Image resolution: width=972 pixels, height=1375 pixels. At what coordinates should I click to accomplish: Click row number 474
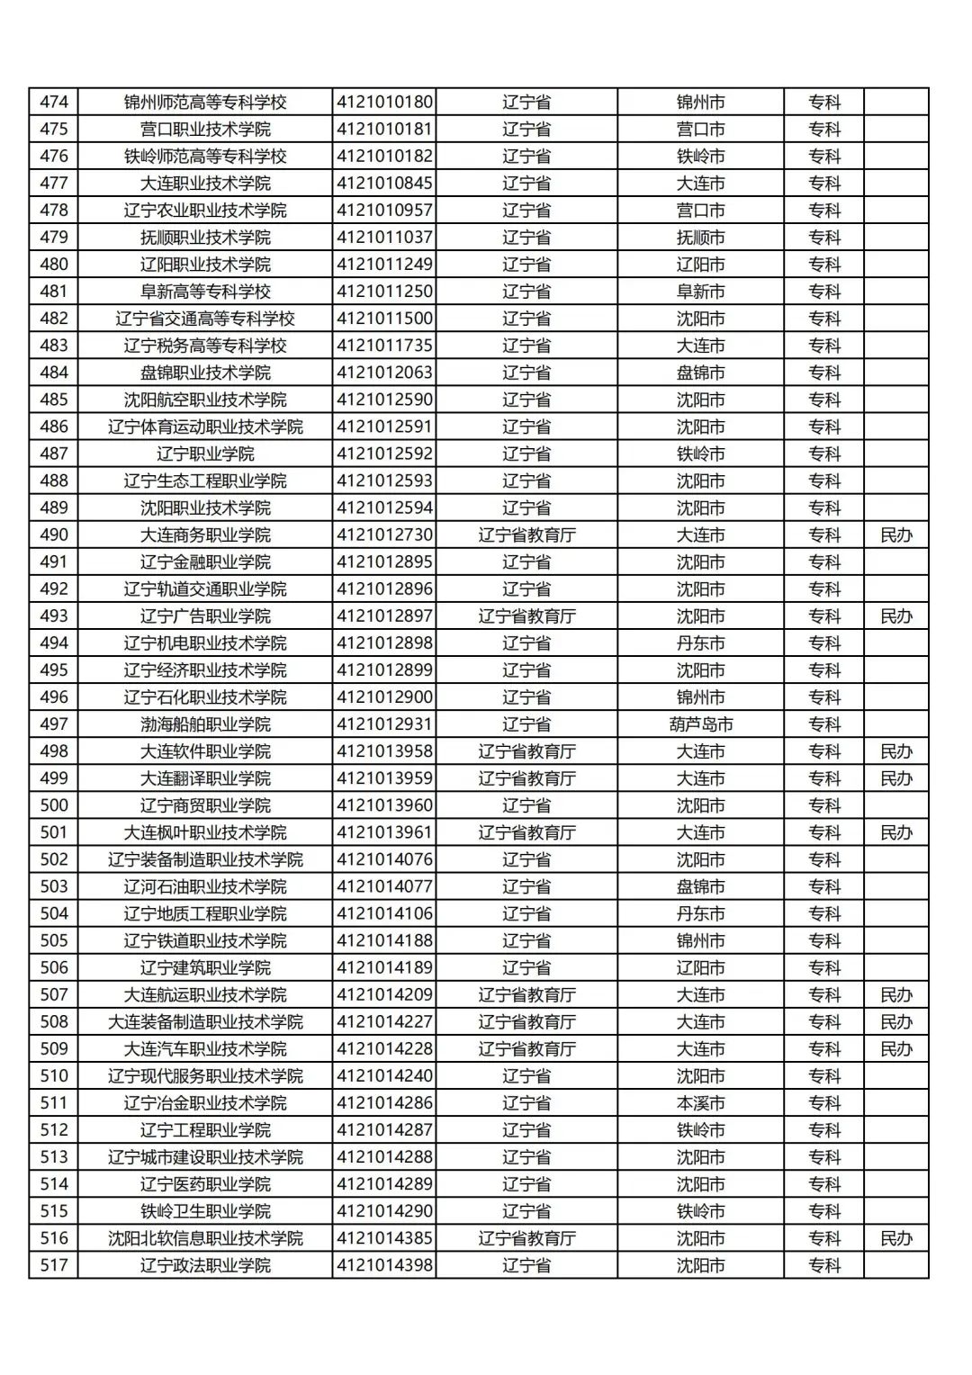(x=54, y=102)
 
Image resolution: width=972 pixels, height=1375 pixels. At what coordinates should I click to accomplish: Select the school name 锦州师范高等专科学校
(x=205, y=102)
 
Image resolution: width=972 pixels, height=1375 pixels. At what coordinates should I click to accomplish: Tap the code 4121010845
(x=384, y=183)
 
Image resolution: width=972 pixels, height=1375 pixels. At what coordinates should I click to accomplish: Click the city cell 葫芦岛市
(x=700, y=724)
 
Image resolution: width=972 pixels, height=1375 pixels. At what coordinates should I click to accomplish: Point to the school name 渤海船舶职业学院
(x=205, y=724)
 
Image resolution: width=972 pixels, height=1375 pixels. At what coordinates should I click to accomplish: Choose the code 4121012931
(x=384, y=724)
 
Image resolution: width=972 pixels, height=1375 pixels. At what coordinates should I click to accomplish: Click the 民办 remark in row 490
(x=895, y=535)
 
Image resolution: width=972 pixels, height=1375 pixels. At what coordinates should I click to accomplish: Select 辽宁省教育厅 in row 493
(x=526, y=616)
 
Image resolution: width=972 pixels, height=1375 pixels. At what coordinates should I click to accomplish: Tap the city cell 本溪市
(x=700, y=1103)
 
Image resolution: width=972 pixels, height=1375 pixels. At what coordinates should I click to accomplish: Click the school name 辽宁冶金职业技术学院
(x=205, y=1103)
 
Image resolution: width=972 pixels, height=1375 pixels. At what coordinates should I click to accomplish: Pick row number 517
(x=54, y=1265)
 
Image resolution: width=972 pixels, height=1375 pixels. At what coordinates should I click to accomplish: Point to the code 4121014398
(x=384, y=1265)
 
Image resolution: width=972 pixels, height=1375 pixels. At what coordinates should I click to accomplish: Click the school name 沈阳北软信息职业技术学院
(x=205, y=1238)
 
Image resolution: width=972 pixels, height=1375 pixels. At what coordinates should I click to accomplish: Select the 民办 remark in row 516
(x=895, y=1238)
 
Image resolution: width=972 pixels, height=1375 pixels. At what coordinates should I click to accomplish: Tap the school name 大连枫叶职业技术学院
(x=205, y=832)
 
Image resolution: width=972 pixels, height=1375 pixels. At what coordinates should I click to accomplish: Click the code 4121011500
(x=384, y=319)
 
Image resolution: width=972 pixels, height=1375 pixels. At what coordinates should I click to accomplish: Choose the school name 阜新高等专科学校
(x=205, y=292)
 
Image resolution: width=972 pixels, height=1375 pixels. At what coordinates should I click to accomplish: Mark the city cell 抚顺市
(x=700, y=238)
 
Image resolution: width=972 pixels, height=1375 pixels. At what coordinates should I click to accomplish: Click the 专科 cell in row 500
(x=823, y=805)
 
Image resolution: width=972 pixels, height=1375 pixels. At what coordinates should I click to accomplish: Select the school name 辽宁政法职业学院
(x=205, y=1265)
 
